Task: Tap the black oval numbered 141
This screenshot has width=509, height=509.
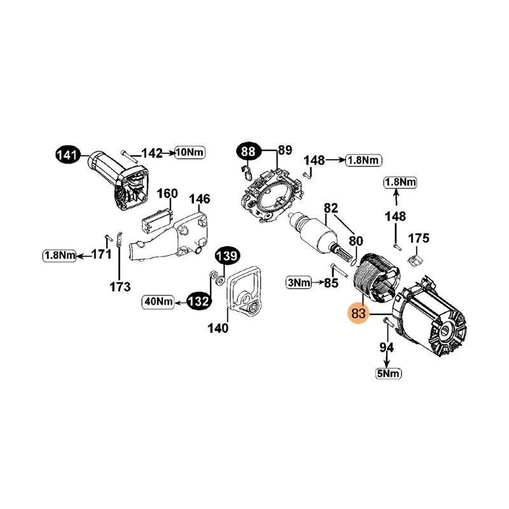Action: coord(67,154)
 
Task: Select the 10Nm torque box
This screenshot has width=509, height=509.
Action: coord(190,153)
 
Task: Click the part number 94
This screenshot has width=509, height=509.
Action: coord(386,347)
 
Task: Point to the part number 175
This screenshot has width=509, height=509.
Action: coord(418,239)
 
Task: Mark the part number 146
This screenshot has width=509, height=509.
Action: coord(200,199)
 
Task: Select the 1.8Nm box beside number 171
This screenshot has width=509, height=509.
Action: coord(59,256)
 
